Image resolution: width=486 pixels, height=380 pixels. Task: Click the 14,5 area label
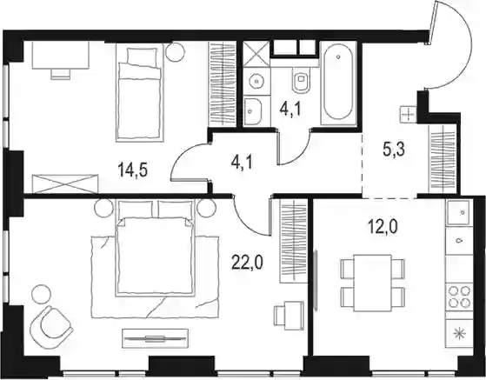[x=132, y=170]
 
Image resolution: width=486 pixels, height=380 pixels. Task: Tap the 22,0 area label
[x=247, y=263]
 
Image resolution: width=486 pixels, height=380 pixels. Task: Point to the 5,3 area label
[x=394, y=151]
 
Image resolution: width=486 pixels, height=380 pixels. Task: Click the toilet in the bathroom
[x=301, y=80]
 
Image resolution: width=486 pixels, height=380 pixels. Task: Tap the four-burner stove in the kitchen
[x=460, y=297]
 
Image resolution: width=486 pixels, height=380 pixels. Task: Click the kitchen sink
[x=460, y=211]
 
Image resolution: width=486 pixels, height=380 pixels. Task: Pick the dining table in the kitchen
[x=373, y=283]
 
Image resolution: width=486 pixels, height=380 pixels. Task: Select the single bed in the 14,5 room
[x=139, y=92]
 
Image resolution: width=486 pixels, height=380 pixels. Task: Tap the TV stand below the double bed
[x=156, y=339]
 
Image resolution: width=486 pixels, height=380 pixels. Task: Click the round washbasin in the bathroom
[x=256, y=81]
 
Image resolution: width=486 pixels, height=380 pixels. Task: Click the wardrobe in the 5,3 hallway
[x=443, y=159]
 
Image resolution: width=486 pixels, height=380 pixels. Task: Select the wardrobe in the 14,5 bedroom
[x=222, y=84]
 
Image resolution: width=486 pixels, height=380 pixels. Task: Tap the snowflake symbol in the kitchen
[x=460, y=333]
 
